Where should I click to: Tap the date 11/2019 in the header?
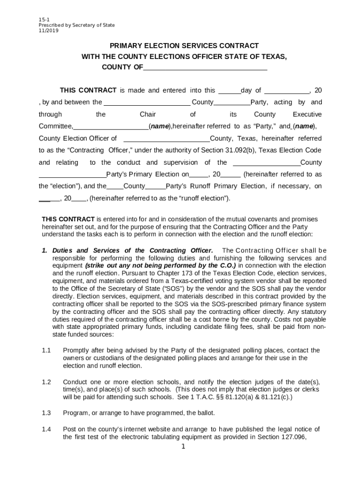tap(49, 30)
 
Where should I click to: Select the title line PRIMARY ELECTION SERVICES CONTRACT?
tap(184, 45)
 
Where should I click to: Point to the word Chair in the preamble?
tap(148, 115)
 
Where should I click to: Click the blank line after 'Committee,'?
tap(111, 126)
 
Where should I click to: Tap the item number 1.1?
tap(46, 350)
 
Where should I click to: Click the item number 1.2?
tap(46, 382)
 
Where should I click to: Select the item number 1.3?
tap(46, 413)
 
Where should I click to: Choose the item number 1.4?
tap(46, 429)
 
